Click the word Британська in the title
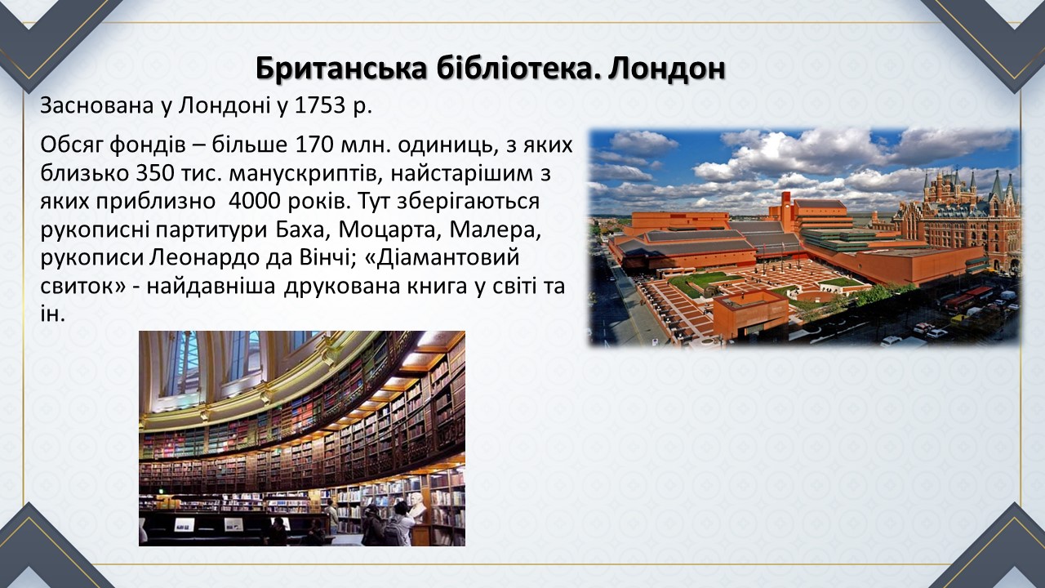[340, 69]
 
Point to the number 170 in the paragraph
[315, 145]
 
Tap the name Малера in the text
[496, 230]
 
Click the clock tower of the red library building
[786, 205]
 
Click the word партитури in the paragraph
[207, 230]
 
